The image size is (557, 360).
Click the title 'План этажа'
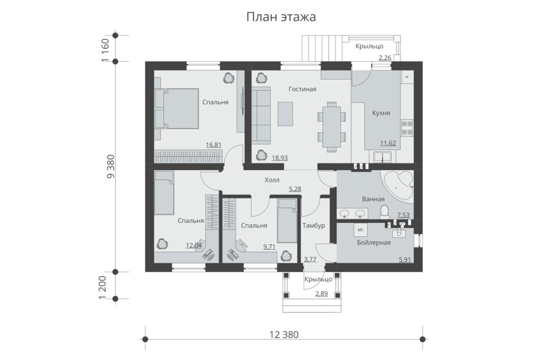tap(281, 17)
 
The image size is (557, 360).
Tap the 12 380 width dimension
tap(284, 334)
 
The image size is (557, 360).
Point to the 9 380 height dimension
tap(111, 167)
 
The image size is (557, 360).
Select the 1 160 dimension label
tap(105, 50)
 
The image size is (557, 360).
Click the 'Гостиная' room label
tap(302, 89)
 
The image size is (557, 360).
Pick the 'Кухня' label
tap(381, 113)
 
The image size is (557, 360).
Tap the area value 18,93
tap(280, 158)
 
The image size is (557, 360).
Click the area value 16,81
tap(214, 144)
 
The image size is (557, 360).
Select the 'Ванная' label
tap(373, 199)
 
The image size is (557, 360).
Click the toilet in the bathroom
tap(384, 212)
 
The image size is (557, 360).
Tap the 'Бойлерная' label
tap(374, 242)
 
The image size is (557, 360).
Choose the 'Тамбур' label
tap(313, 225)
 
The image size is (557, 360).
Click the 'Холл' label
tap(272, 180)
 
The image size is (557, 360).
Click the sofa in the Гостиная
tap(261, 114)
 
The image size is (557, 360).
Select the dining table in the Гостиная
tap(331, 127)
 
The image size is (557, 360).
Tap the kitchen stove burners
tap(407, 127)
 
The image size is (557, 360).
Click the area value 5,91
tap(405, 260)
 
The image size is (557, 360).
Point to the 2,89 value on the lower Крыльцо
tap(321, 293)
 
